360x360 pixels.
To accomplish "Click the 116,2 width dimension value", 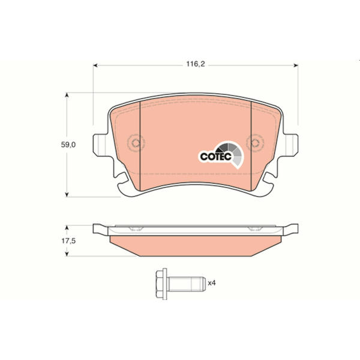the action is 196,64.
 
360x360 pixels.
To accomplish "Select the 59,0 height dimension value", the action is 68,145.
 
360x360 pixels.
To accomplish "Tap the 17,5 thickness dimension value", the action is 68,241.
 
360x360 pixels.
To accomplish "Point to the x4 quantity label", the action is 212,283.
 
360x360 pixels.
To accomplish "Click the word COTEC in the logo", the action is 215,157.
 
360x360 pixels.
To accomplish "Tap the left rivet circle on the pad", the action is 136,143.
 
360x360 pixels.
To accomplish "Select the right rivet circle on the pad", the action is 255,143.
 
